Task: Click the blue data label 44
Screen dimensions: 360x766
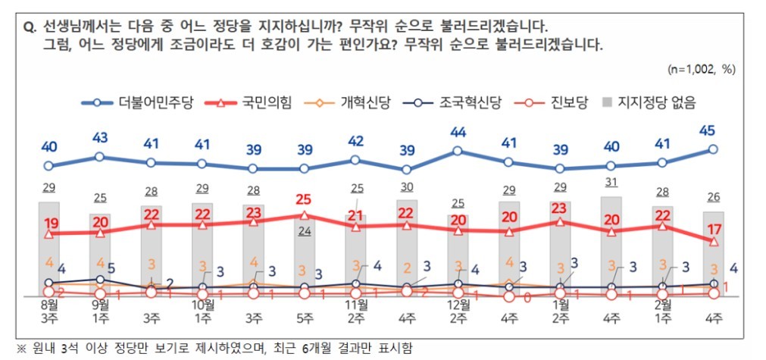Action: pos(458,133)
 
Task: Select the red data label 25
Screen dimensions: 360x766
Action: pos(304,199)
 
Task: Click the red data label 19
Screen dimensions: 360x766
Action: pos(50,223)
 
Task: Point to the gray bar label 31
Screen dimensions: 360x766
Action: pos(611,183)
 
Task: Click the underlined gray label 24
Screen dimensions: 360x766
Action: pos(305,232)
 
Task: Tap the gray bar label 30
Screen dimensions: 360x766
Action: pos(406,187)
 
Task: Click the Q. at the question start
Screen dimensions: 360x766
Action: pos(31,27)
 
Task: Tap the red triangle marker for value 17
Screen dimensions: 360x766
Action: pos(713,242)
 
